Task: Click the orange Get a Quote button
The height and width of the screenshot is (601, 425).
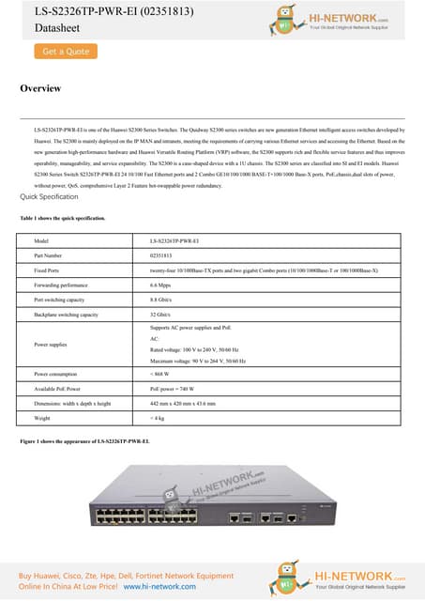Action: tap(65, 53)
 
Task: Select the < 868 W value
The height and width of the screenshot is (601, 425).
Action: tap(162, 375)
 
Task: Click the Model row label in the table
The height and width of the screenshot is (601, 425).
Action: tap(41, 240)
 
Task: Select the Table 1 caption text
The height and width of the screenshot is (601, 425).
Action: tap(62, 218)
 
